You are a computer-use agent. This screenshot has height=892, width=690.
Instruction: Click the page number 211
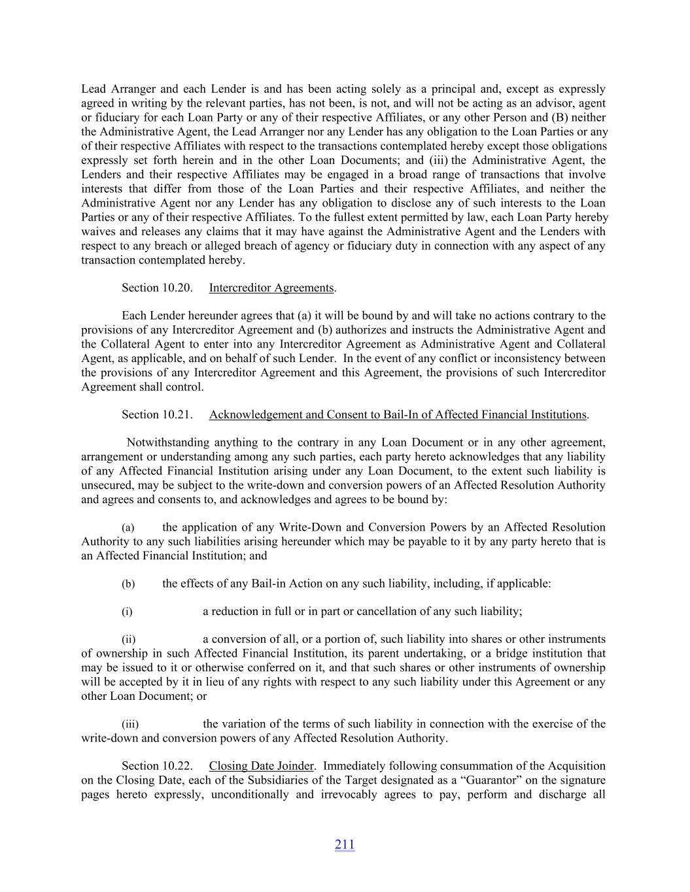coord(345,845)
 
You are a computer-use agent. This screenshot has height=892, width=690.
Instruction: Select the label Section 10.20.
coord(157,288)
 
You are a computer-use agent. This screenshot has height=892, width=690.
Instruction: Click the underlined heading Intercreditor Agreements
coord(271,288)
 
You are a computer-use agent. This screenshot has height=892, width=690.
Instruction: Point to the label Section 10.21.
coord(157,415)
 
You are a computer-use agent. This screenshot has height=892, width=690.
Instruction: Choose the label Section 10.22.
coord(157,766)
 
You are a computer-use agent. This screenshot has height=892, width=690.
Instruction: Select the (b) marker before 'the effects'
coord(128,584)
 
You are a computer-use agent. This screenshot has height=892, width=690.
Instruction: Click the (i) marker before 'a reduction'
coord(127,612)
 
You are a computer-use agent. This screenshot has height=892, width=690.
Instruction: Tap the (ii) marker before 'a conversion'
coord(129,640)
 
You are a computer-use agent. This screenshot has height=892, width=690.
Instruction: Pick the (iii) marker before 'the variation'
coord(130,725)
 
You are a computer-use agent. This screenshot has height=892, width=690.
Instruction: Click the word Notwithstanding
coord(167,442)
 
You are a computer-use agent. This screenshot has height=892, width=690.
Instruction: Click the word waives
coord(98,232)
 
